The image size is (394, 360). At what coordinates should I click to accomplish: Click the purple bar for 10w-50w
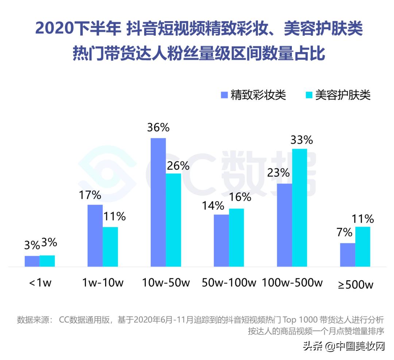(x=158, y=202)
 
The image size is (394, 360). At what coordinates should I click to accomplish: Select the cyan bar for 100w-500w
(x=300, y=208)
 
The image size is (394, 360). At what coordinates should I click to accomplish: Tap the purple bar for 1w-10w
(x=95, y=236)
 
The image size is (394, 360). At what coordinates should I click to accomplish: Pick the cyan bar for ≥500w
(x=363, y=247)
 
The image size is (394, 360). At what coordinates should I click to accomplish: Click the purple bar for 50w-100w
(x=221, y=240)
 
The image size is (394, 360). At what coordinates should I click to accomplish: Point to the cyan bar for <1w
(x=47, y=261)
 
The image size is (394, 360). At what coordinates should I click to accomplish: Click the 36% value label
(x=158, y=128)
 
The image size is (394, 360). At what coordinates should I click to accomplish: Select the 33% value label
(x=301, y=140)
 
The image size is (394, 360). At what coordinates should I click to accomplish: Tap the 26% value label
(x=178, y=166)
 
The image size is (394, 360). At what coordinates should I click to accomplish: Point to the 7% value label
(x=345, y=232)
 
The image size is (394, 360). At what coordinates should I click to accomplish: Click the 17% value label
(x=90, y=195)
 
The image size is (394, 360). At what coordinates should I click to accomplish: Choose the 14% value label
(x=213, y=206)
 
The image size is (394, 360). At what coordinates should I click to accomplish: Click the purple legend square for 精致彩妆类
(x=224, y=95)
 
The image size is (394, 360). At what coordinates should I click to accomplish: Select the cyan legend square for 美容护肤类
(x=309, y=95)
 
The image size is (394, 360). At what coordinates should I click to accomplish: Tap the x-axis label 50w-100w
(x=229, y=283)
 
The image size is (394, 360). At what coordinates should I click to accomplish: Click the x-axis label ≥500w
(x=355, y=284)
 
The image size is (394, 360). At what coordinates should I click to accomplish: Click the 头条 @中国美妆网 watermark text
(x=344, y=346)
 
